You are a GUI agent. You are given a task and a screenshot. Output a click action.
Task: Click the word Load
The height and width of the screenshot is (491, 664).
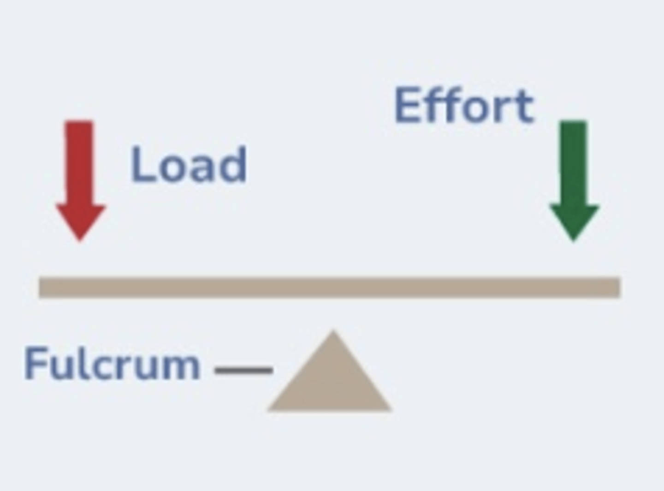click(189, 165)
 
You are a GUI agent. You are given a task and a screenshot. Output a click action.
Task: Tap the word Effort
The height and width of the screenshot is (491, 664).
click(464, 106)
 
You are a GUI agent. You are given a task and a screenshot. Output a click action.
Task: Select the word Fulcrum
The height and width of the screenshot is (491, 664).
click(112, 364)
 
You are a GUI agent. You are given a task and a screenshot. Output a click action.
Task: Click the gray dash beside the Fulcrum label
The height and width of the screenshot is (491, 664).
click(244, 370)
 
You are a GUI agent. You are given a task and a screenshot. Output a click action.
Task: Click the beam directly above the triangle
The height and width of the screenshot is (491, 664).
click(332, 287)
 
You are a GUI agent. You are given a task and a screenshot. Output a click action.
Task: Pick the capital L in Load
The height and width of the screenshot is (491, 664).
click(140, 165)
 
